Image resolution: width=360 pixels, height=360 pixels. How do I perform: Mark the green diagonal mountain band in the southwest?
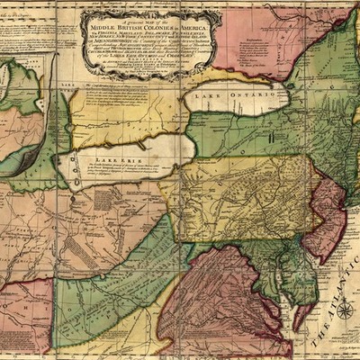tap(135, 261)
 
